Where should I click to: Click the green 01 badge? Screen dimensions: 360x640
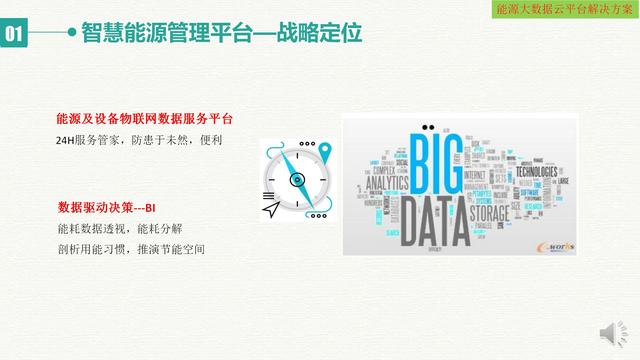click(x=14, y=35)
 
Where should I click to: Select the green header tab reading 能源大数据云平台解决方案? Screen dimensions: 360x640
click(x=566, y=9)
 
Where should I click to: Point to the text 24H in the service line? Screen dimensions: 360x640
click(x=69, y=141)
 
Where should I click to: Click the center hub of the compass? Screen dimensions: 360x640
click(x=297, y=180)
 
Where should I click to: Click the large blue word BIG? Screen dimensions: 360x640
click(x=438, y=166)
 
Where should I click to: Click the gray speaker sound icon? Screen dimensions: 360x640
click(x=609, y=334)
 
